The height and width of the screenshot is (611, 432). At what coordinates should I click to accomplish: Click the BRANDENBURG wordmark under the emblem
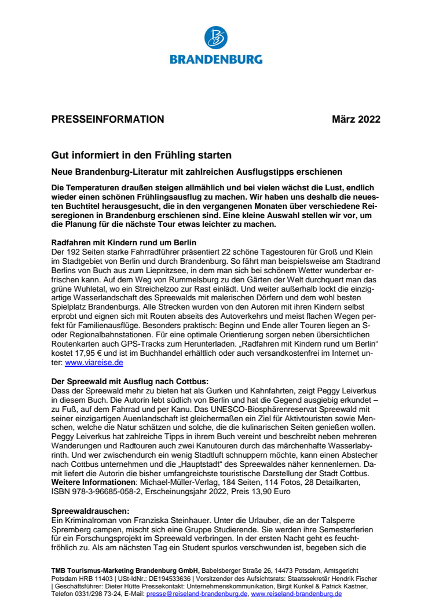216,59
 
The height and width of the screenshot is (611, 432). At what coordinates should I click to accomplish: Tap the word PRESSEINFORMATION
108,120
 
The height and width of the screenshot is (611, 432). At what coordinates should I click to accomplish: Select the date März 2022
356,120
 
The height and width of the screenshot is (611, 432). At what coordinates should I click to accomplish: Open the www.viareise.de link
94,363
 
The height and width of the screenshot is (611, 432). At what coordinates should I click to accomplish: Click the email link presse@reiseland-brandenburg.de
197,594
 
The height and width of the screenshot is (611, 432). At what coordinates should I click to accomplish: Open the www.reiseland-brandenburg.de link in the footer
296,594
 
